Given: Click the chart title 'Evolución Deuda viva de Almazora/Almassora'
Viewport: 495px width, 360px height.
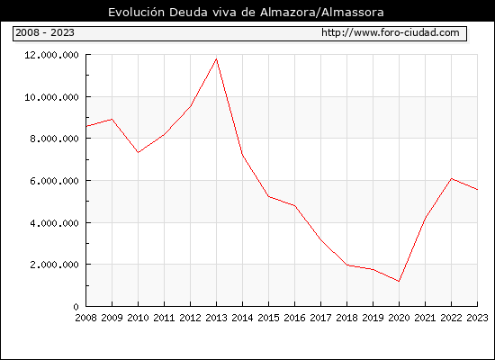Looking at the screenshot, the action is point(246,13).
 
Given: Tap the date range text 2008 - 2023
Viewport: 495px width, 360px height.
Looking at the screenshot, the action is point(45,32).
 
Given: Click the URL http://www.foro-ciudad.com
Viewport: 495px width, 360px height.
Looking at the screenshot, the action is point(391,32).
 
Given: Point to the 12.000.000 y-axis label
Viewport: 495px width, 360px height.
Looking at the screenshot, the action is point(51,55).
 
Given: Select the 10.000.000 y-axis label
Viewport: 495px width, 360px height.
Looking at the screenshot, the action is point(51,97).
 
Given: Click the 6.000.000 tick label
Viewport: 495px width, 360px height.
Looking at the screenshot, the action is point(54,181).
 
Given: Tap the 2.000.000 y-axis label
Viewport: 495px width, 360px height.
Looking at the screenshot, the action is point(54,265).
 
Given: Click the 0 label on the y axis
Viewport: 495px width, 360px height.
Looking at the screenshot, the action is point(76,307).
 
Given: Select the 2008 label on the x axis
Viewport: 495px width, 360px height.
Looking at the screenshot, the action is point(85,318).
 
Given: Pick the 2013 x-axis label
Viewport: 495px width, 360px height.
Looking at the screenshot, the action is point(216,318).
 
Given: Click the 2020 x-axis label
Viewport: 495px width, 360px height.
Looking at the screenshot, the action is point(399,318).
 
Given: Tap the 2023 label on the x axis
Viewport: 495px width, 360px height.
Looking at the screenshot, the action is point(477,318).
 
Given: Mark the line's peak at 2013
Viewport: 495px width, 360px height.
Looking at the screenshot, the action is point(216,58).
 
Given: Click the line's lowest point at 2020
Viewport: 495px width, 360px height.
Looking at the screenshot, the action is point(399,281).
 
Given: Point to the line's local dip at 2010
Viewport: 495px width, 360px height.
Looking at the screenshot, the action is point(138,152).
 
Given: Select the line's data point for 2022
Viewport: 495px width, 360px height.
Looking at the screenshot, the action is point(452,179).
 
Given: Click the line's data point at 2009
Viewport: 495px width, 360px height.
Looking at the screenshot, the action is point(112,119).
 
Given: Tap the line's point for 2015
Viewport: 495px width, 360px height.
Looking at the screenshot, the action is point(269,196).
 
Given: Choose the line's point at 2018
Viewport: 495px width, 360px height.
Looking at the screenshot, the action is point(346,265).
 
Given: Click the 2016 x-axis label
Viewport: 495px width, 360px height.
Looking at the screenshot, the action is point(294,318).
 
